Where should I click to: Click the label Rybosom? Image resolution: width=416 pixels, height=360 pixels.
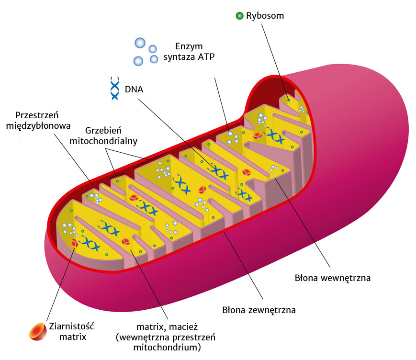point(265,16)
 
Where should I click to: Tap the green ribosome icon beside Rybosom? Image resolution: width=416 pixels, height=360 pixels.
point(239,16)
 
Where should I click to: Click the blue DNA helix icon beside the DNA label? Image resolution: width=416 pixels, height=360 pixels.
point(115,88)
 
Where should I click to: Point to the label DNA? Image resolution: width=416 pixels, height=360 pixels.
point(134,89)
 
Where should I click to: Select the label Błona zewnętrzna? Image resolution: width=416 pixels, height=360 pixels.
point(259,310)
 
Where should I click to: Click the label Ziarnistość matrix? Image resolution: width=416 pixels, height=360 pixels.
point(72,331)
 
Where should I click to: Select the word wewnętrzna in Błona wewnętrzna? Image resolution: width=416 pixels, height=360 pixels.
point(346,277)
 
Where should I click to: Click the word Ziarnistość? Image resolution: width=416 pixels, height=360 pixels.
point(72,326)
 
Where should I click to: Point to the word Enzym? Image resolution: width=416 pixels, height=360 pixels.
point(189,46)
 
